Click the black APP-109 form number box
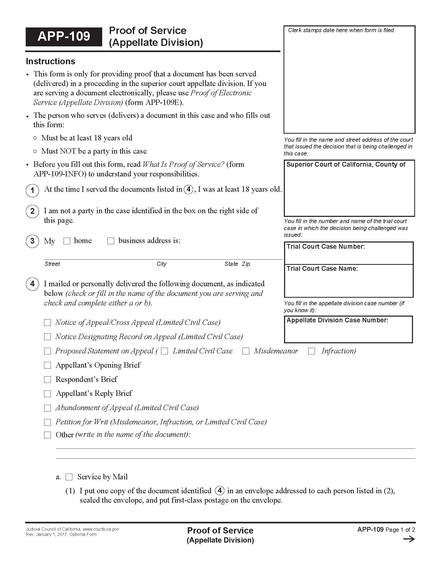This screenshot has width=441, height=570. coord(64,37)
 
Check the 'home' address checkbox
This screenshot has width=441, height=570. coord(67,241)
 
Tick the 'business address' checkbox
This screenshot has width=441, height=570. coord(111,241)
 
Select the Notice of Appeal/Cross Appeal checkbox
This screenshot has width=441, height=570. coord(47,323)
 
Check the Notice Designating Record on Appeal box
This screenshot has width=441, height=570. coord(47,337)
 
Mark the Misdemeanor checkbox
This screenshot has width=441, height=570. coord(246,351)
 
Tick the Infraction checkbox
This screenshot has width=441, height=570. coord(311,351)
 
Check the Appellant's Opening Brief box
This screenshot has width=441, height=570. coord(47,365)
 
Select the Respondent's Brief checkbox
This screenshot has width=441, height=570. coord(47,380)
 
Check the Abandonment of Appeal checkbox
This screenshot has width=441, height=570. coord(47,408)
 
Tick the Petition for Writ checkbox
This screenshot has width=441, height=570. coord(47,422)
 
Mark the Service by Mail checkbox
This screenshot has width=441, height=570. coord(69,477)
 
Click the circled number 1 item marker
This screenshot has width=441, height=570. coord(32,190)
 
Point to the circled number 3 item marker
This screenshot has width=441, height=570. coord(32,241)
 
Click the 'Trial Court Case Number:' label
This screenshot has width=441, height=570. coord(326,247)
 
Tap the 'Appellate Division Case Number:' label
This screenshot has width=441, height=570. coord(337,320)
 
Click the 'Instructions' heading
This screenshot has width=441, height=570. coord(50,61)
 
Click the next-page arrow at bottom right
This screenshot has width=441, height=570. coord(409,539)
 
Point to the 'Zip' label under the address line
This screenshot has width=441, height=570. coord(246,264)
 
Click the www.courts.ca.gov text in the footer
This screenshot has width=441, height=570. coord(101,529)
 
